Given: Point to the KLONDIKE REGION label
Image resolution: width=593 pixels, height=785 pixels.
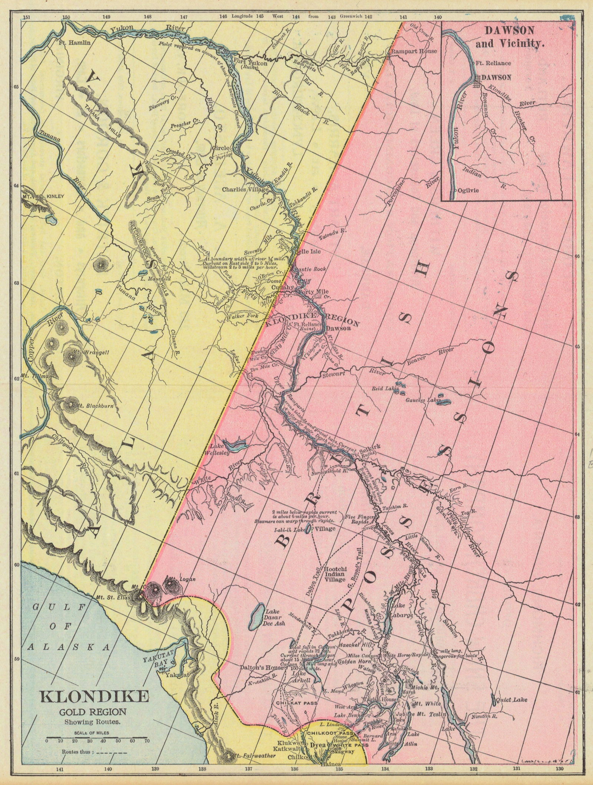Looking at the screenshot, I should tap(312, 319).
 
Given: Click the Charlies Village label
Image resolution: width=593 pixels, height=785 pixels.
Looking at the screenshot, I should tap(245, 190).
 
